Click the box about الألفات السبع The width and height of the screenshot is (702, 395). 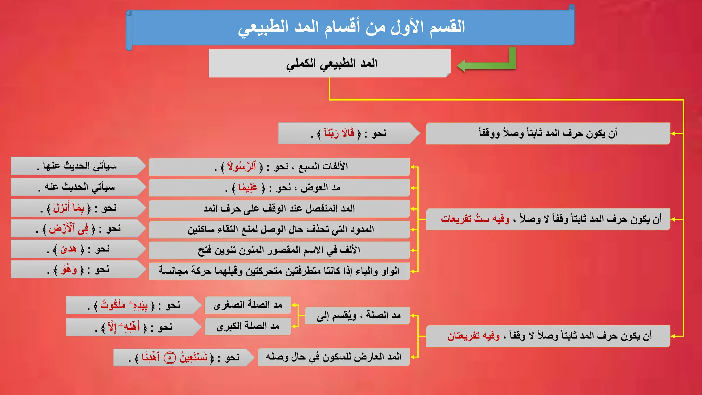click(279, 167)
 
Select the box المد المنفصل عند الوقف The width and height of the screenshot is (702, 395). click(279, 208)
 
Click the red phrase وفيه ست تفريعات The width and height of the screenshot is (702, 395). click(475, 219)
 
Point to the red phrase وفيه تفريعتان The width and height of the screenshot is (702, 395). click(473, 336)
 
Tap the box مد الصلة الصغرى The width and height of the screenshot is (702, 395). click(248, 305)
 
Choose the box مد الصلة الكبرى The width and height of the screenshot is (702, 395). click(248, 326)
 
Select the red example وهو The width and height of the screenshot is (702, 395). click(69, 270)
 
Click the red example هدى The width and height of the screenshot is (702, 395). click(69, 249)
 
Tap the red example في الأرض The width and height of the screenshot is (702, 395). click(69, 229)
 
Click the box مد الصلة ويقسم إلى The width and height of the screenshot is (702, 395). click(358, 315)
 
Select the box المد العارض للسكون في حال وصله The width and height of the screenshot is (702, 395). click(334, 357)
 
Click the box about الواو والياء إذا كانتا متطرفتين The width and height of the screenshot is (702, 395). click(279, 271)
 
